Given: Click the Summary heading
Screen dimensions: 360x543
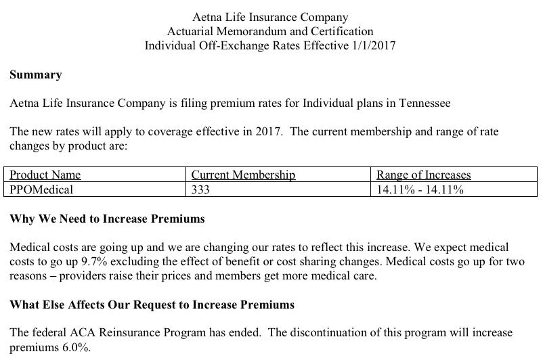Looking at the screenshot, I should tap(36, 75).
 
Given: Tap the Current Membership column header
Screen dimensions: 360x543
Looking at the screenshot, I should tap(244, 175).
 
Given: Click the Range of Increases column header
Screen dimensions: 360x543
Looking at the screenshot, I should tap(424, 175).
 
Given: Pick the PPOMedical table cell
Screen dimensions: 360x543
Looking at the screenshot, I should tap(41, 190).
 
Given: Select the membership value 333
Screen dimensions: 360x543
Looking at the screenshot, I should tap(201, 190).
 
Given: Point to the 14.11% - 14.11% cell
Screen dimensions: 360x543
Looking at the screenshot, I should tap(420, 190).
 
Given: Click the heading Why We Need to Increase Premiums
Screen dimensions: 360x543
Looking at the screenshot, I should tap(108, 220).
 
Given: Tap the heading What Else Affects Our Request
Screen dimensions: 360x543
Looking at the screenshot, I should tap(152, 305).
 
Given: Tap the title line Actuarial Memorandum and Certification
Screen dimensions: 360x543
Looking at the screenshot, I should tap(270, 30).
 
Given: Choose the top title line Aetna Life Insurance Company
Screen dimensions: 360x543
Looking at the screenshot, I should tap(270, 16).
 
